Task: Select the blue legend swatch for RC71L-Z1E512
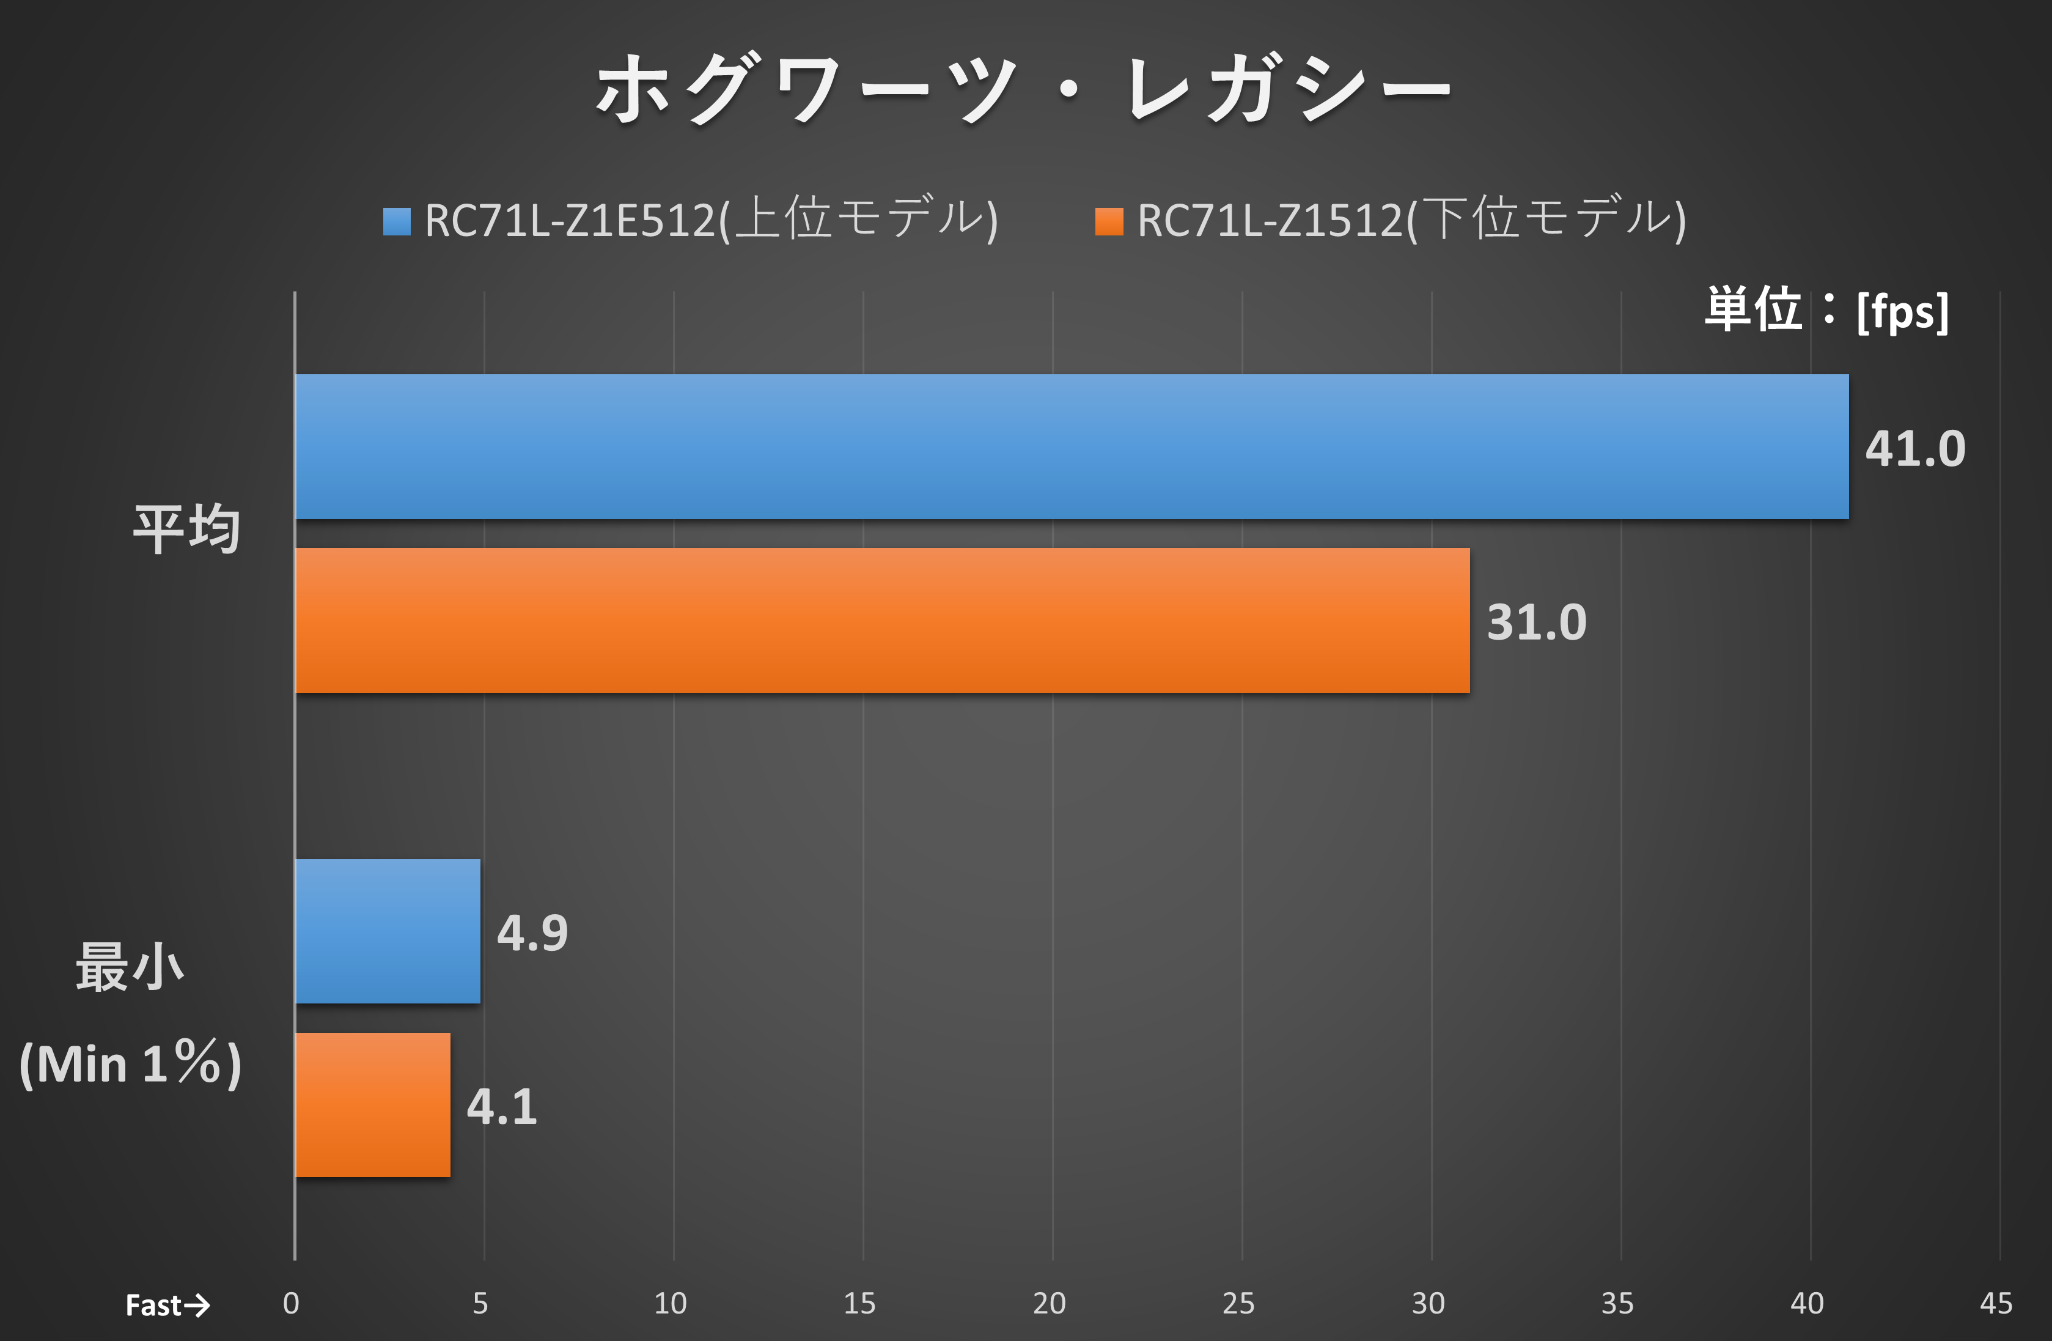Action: click(x=397, y=221)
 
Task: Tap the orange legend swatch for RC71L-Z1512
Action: click(x=1109, y=221)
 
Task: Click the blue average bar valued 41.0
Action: click(x=1071, y=447)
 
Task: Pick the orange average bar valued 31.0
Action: click(x=882, y=620)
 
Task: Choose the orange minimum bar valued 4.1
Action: click(x=372, y=1105)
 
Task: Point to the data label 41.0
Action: click(x=1915, y=448)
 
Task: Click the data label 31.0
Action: click(x=1537, y=622)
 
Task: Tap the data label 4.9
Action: click(x=532, y=933)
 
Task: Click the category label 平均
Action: click(x=186, y=529)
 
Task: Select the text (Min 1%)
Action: click(x=130, y=1063)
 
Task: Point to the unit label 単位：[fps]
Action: click(x=1826, y=311)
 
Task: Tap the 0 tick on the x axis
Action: click(x=292, y=1303)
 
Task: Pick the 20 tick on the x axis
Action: click(x=1050, y=1303)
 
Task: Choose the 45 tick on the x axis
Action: click(x=1996, y=1303)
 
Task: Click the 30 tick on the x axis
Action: click(x=1428, y=1303)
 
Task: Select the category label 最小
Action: click(x=130, y=967)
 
